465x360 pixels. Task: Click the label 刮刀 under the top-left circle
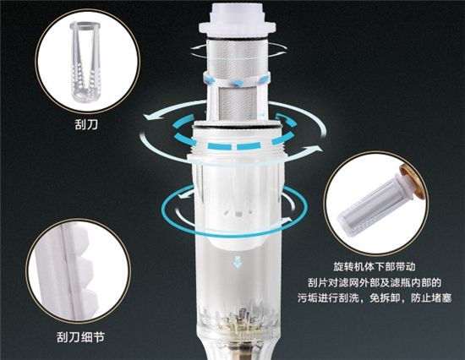86,124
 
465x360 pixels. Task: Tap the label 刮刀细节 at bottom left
80,337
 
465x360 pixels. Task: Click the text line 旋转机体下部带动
375,266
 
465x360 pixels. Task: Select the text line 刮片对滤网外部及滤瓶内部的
375,282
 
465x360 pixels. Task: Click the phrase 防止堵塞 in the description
431,298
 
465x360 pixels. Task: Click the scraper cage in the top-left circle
84,62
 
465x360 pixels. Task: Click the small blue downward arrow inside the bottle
238,262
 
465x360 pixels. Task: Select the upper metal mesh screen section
238,57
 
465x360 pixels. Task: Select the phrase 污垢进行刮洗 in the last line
329,298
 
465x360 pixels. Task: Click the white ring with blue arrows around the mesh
237,80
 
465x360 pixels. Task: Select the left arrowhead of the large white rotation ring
150,117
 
